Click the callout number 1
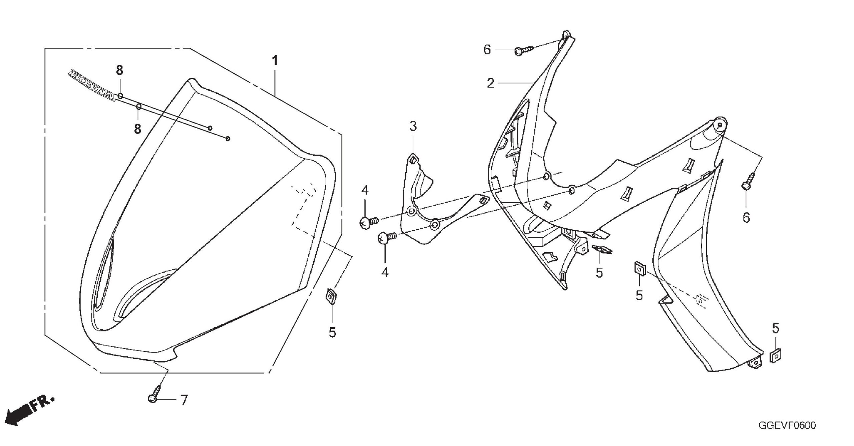pyautogui.click(x=275, y=61)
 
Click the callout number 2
pyautogui.click(x=490, y=83)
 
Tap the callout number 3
pyautogui.click(x=413, y=127)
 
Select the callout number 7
pyautogui.click(x=184, y=400)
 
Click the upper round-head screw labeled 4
pyautogui.click(x=369, y=222)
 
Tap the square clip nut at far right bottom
pyautogui.click(x=776, y=357)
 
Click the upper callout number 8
pyautogui.click(x=119, y=70)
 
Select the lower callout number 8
pyautogui.click(x=137, y=129)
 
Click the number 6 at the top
pyautogui.click(x=487, y=50)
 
